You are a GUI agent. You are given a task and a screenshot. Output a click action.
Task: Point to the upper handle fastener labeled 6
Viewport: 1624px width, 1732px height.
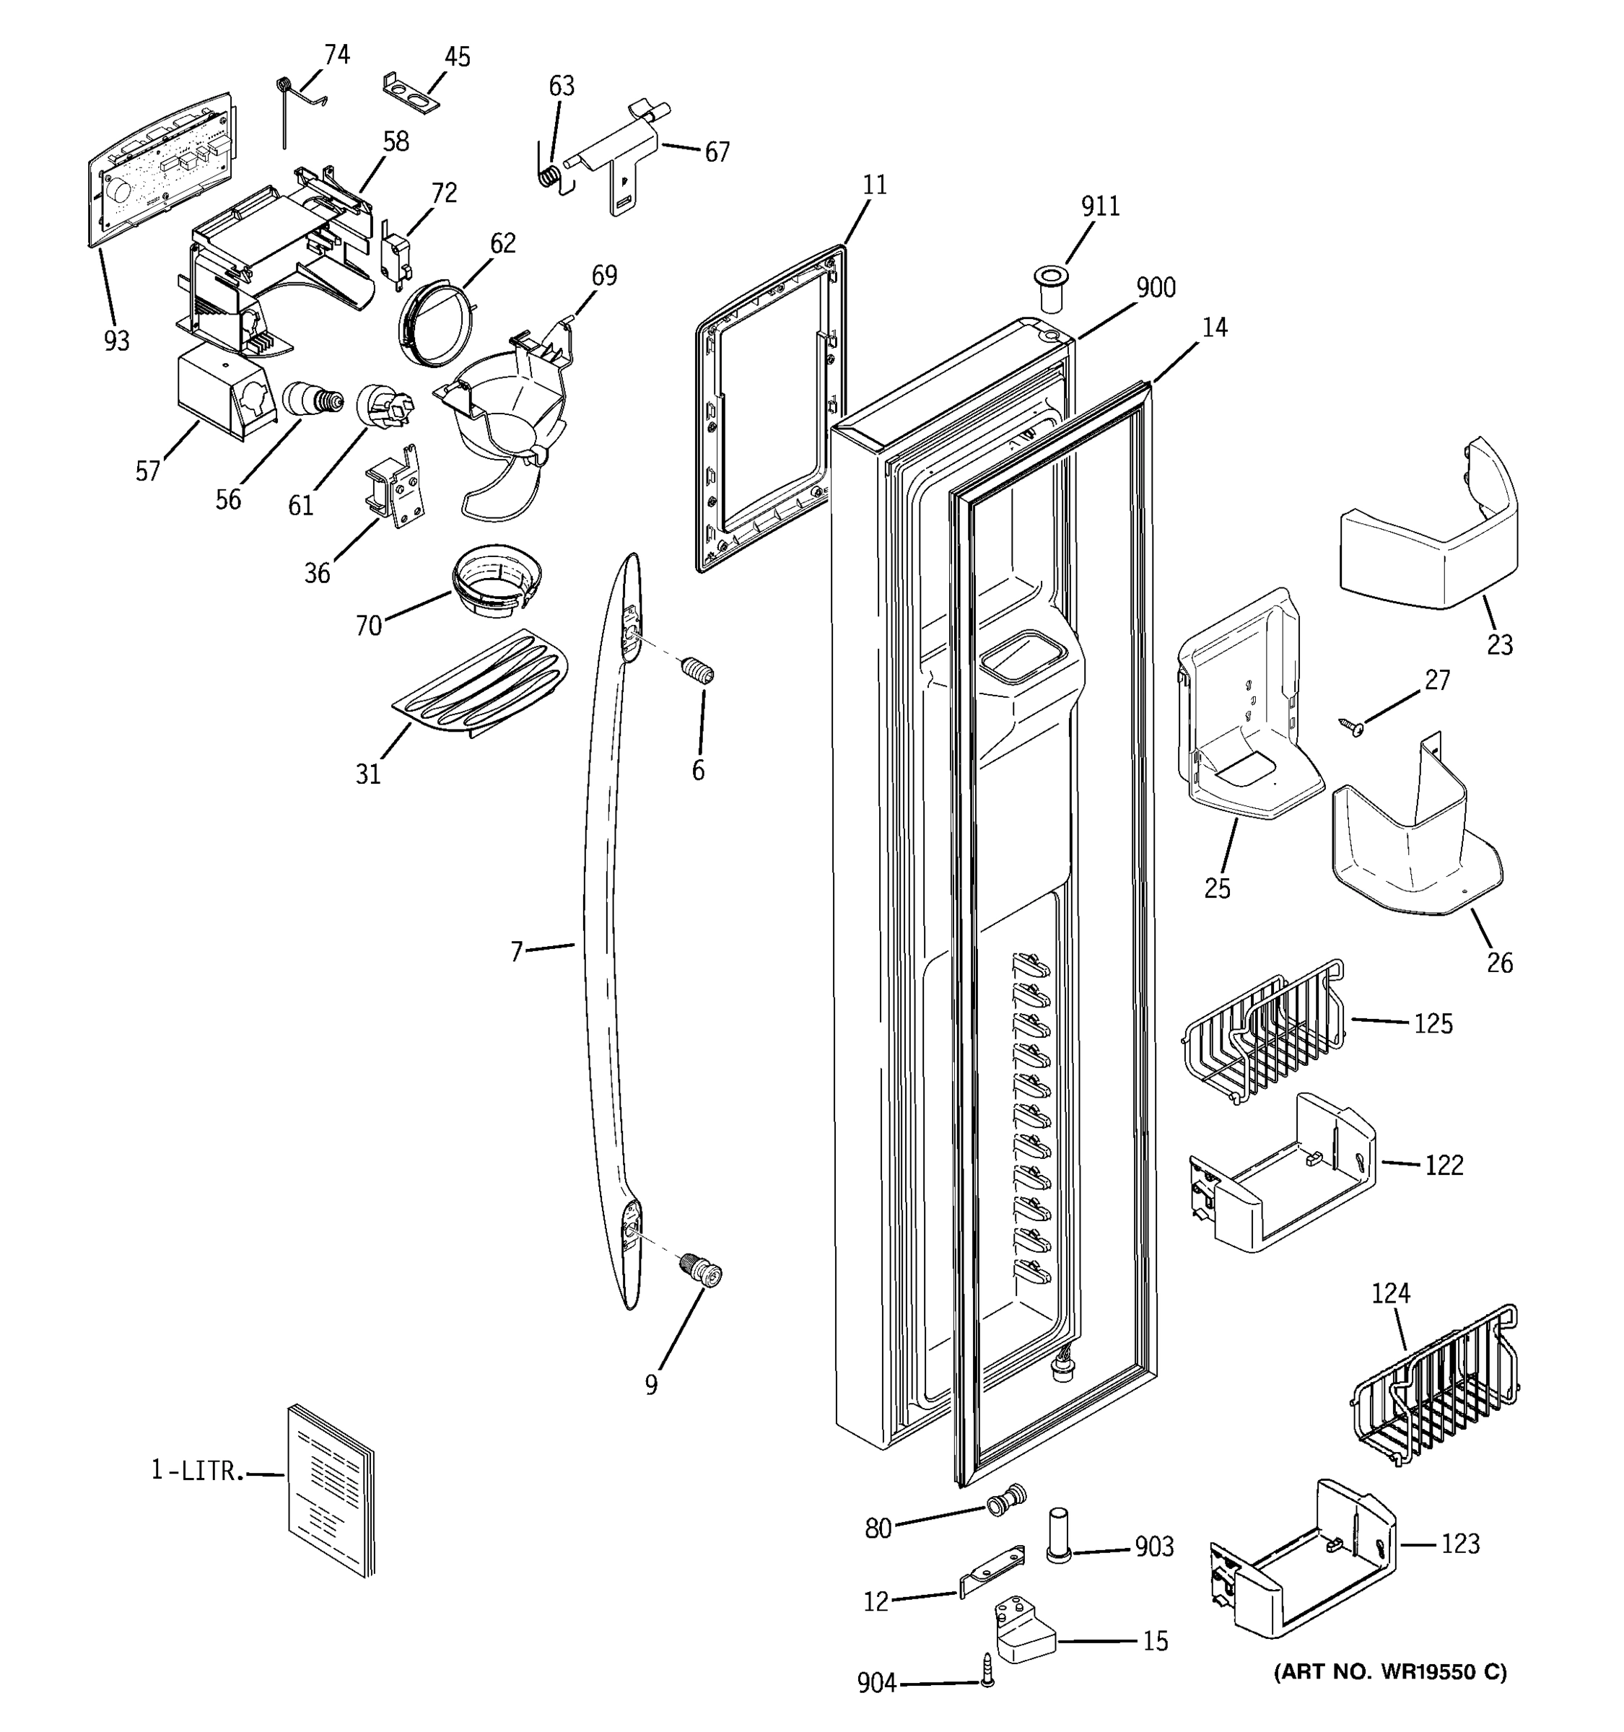coord(699,673)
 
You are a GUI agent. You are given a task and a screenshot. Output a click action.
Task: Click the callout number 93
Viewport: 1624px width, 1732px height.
coord(116,341)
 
